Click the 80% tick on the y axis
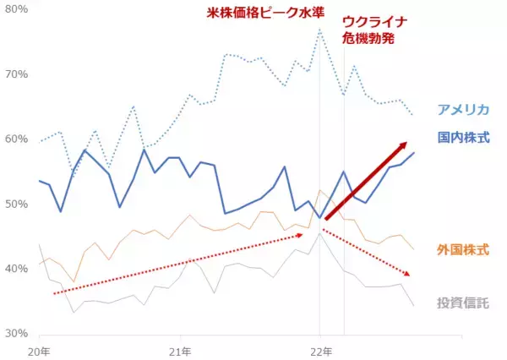pyautogui.click(x=16, y=9)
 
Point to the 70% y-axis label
pyautogui.click(x=16, y=74)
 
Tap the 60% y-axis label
pyautogui.click(x=16, y=139)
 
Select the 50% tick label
pyautogui.click(x=16, y=204)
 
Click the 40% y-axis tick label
pyautogui.click(x=16, y=269)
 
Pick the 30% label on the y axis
pyautogui.click(x=16, y=333)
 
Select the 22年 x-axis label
pyautogui.click(x=319, y=349)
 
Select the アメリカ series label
pyautogui.click(x=464, y=109)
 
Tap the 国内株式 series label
pyautogui.click(x=464, y=137)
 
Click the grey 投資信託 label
pyautogui.click(x=462, y=303)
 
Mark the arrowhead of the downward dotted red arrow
pyautogui.click(x=411, y=275)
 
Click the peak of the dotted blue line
pyautogui.click(x=319, y=30)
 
